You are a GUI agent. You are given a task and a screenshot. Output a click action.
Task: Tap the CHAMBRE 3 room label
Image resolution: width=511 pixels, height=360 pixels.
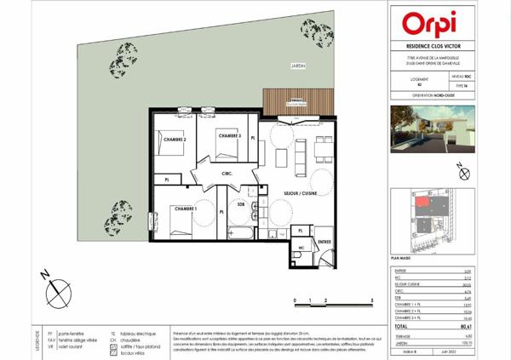(x=229, y=136)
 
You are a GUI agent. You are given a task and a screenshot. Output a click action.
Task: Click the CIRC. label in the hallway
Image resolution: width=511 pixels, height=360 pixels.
(x=227, y=174)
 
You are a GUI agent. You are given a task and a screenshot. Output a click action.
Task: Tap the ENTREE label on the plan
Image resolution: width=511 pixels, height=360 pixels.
(x=324, y=242)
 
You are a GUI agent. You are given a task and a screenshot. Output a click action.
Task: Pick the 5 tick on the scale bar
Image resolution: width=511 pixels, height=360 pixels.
(x=372, y=301)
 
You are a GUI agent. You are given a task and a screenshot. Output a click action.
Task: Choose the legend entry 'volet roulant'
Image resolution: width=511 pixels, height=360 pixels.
(x=74, y=347)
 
